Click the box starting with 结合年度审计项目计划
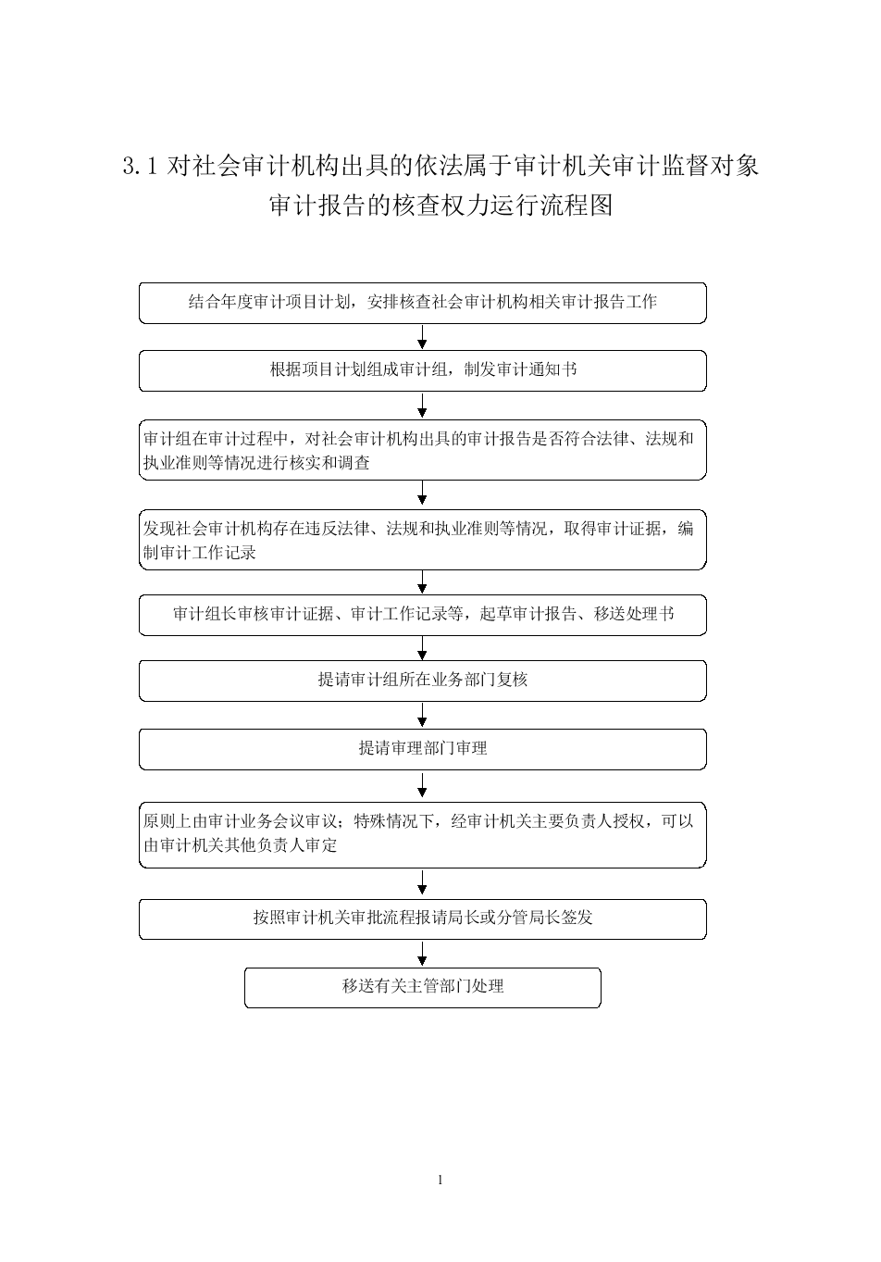(423, 303)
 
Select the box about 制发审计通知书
(423, 370)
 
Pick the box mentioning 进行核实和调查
(423, 450)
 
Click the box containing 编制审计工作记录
(423, 541)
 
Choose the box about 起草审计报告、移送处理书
(423, 615)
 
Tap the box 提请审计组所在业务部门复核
(423, 681)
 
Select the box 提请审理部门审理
(423, 749)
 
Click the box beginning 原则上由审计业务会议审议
(423, 835)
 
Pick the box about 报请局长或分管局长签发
(423, 919)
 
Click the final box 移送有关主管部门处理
(423, 988)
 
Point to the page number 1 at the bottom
(440, 1181)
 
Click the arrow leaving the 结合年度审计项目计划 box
(423, 337)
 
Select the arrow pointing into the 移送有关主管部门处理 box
(423, 954)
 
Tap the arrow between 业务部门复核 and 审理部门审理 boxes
(423, 715)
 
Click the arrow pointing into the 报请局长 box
(423, 883)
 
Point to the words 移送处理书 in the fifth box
(634, 614)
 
